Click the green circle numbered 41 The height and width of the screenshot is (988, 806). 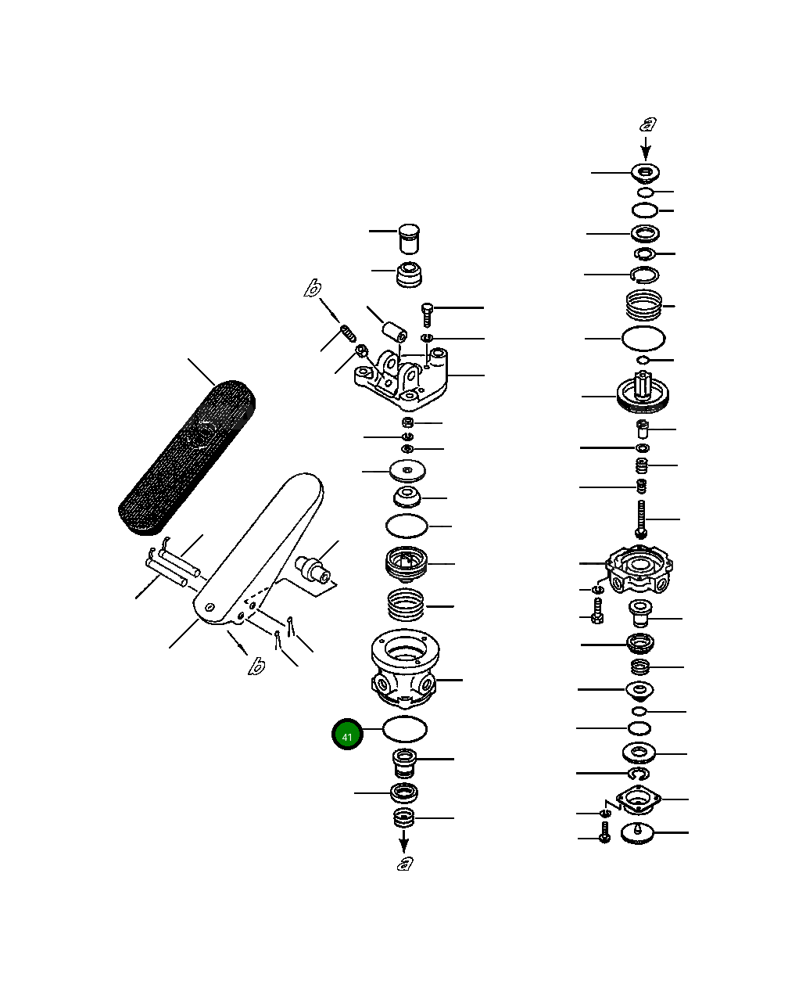click(x=347, y=735)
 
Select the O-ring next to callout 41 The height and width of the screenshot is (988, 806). click(x=405, y=729)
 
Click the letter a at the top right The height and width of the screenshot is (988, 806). click(x=648, y=124)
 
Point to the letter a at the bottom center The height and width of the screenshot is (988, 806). click(x=404, y=863)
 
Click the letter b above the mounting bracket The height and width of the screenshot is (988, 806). click(x=312, y=289)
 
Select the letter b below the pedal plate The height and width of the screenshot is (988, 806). click(x=256, y=666)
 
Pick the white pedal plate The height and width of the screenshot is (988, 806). click(x=258, y=548)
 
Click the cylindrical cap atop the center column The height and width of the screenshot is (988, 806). click(x=409, y=239)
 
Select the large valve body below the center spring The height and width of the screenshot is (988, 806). click(x=405, y=666)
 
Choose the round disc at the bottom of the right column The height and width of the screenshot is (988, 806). click(x=639, y=834)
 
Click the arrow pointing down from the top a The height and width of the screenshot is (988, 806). click(x=647, y=149)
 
